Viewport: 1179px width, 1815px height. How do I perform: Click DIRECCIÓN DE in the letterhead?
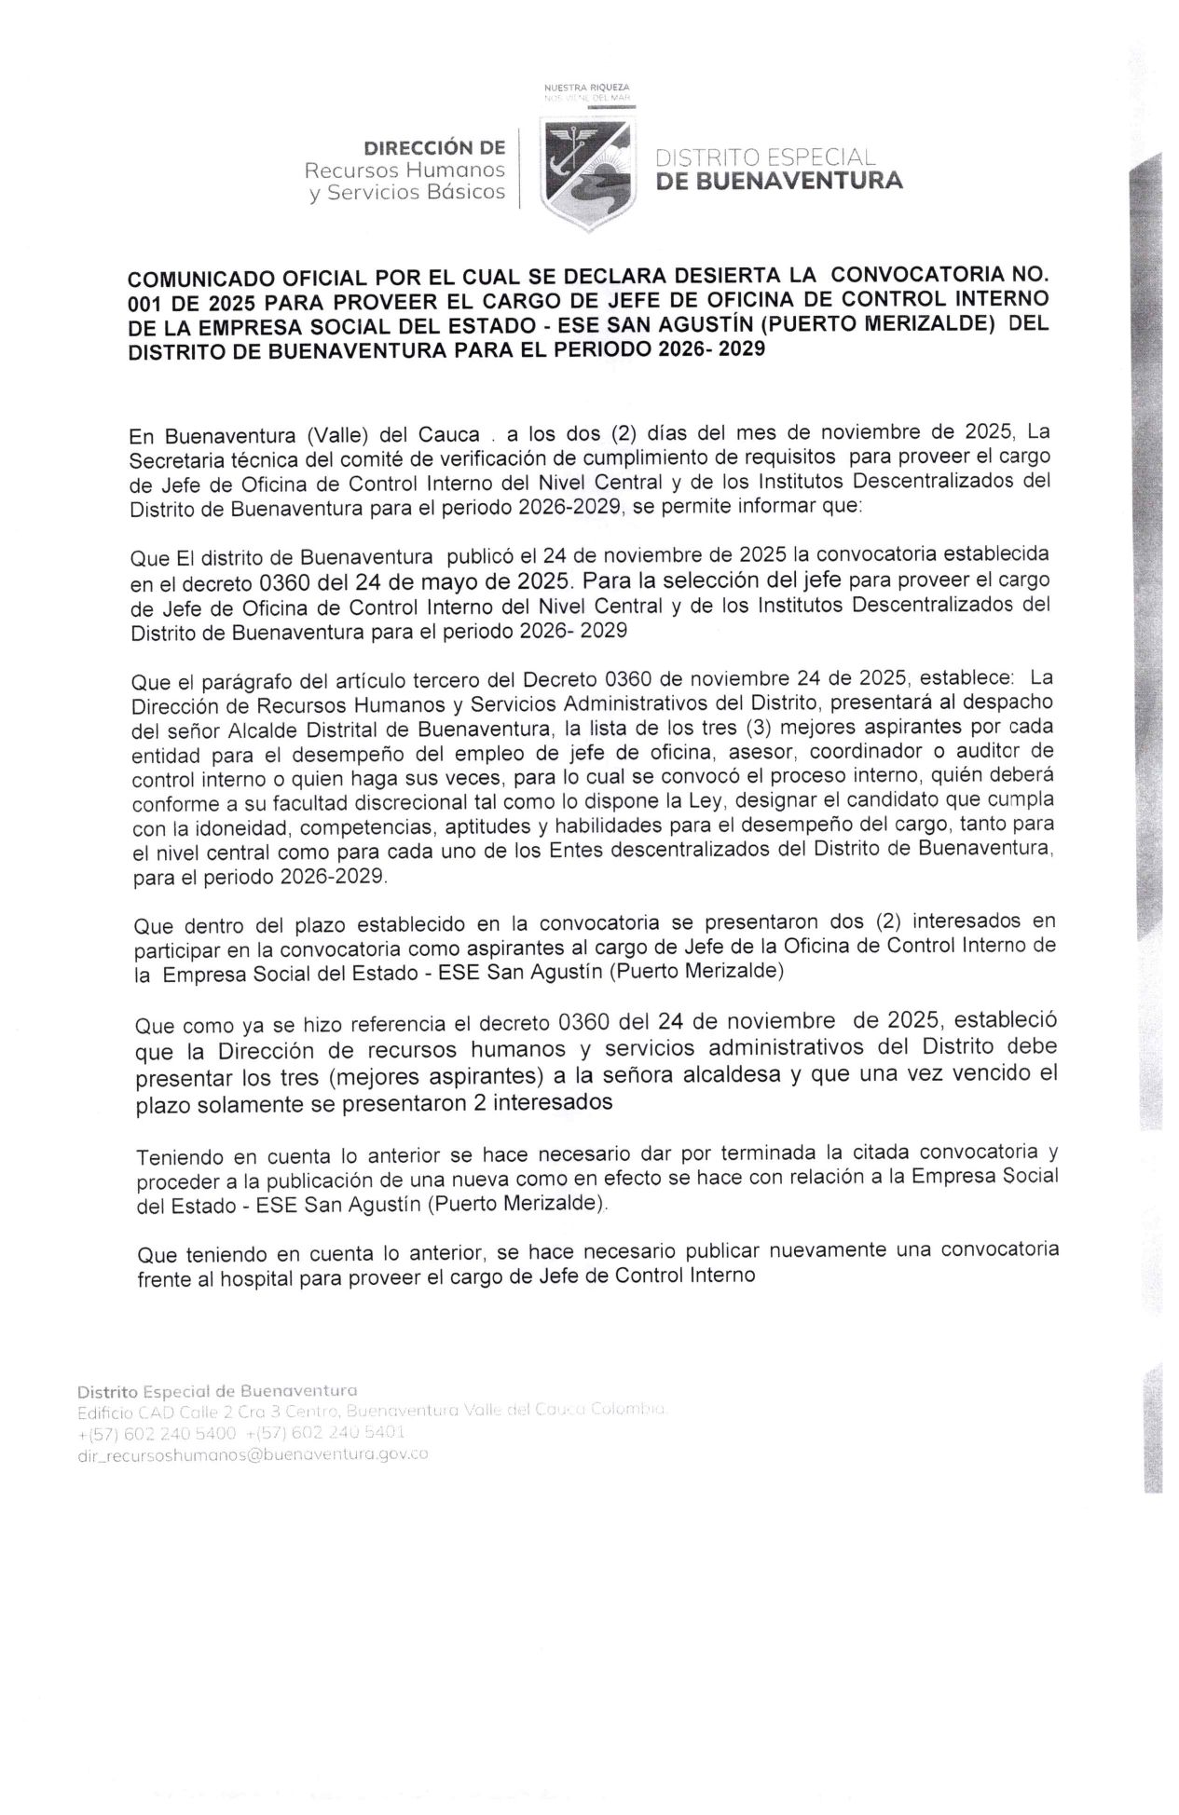tap(434, 147)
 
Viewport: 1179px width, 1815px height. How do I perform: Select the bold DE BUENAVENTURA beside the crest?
tap(779, 181)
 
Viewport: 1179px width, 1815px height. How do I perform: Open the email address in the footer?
tap(252, 1453)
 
